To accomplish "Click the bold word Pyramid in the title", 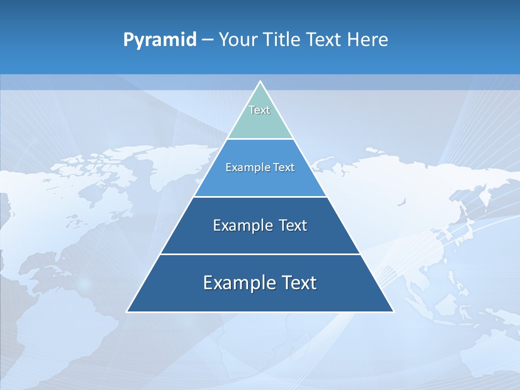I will [x=160, y=40].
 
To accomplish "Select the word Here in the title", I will [x=368, y=40].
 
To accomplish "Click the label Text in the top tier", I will [x=259, y=110].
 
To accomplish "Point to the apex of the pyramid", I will [x=260, y=82].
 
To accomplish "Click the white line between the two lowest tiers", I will [x=260, y=254].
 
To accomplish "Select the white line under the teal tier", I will [x=260, y=139].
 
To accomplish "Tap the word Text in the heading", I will [x=323, y=40].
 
